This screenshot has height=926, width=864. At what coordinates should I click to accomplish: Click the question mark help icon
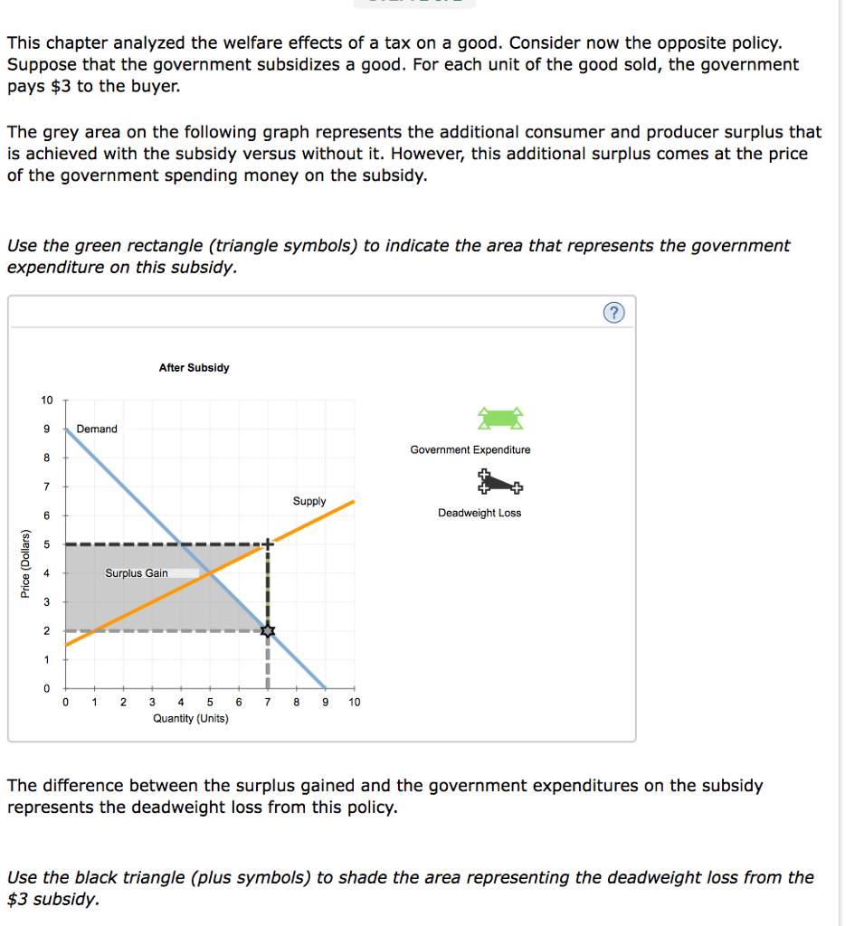[x=613, y=314]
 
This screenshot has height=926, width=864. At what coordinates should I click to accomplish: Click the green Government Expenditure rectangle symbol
[x=500, y=418]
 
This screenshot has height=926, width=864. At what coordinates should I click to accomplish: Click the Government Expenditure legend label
[x=470, y=449]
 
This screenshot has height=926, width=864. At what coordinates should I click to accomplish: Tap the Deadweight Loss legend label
[x=479, y=513]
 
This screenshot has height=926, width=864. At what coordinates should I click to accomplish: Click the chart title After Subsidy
[x=194, y=367]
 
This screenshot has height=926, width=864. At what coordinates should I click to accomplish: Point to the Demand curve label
[x=97, y=429]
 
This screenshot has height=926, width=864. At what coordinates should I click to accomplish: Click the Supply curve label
[x=309, y=501]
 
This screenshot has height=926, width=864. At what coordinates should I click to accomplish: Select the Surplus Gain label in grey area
[x=137, y=572]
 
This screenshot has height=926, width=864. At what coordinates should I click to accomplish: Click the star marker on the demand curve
[x=267, y=630]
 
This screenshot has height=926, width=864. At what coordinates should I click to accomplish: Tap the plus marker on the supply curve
[x=267, y=544]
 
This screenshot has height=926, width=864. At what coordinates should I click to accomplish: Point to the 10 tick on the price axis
[x=47, y=400]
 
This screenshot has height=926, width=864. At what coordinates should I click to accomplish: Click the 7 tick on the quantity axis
[x=267, y=702]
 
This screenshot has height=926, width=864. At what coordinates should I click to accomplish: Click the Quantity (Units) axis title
[x=191, y=718]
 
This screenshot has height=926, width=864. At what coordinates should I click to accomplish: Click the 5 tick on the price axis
[x=47, y=544]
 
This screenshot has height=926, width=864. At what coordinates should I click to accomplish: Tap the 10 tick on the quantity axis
[x=354, y=702]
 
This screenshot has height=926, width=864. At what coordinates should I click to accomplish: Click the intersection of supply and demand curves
[x=209, y=572]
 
